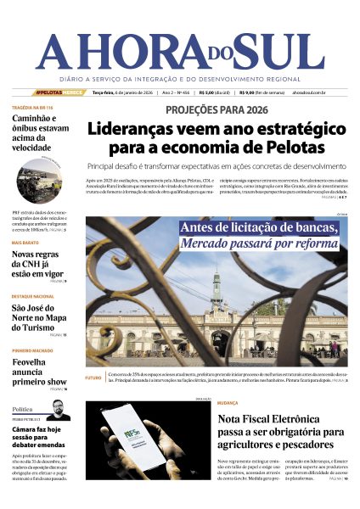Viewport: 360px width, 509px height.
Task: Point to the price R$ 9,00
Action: click(x=250, y=92)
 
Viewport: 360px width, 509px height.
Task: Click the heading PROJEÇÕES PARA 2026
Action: click(x=216, y=109)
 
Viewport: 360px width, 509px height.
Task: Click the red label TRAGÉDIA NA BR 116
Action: click(x=33, y=109)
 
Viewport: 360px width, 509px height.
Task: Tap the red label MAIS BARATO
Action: click(x=27, y=243)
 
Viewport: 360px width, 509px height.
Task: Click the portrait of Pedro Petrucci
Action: click(x=59, y=410)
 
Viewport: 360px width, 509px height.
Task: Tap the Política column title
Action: click(x=23, y=408)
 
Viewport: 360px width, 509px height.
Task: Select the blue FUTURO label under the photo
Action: click(x=93, y=378)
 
